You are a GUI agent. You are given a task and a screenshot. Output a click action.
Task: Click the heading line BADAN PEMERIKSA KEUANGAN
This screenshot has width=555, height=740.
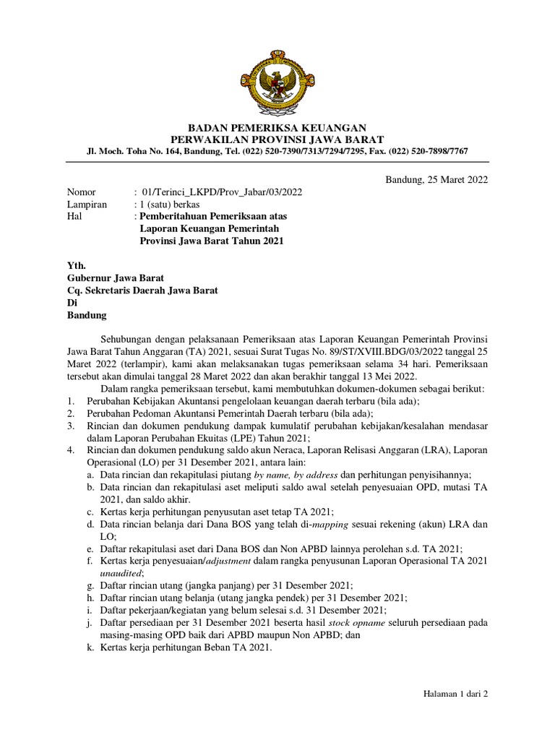[x=277, y=126]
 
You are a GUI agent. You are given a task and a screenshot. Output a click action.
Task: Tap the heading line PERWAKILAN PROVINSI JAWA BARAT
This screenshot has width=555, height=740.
[x=277, y=139]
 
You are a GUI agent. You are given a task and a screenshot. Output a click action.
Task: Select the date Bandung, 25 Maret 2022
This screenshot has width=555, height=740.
[x=436, y=179]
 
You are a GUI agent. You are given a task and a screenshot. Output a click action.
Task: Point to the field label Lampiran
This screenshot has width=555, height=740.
[x=87, y=205]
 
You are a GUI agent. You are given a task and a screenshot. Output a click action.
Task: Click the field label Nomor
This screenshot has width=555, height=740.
[x=81, y=192]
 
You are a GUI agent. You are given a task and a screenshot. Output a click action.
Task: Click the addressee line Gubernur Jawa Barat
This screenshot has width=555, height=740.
[x=116, y=278]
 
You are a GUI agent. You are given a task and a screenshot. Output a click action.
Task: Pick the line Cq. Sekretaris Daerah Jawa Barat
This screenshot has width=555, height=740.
[x=142, y=291]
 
